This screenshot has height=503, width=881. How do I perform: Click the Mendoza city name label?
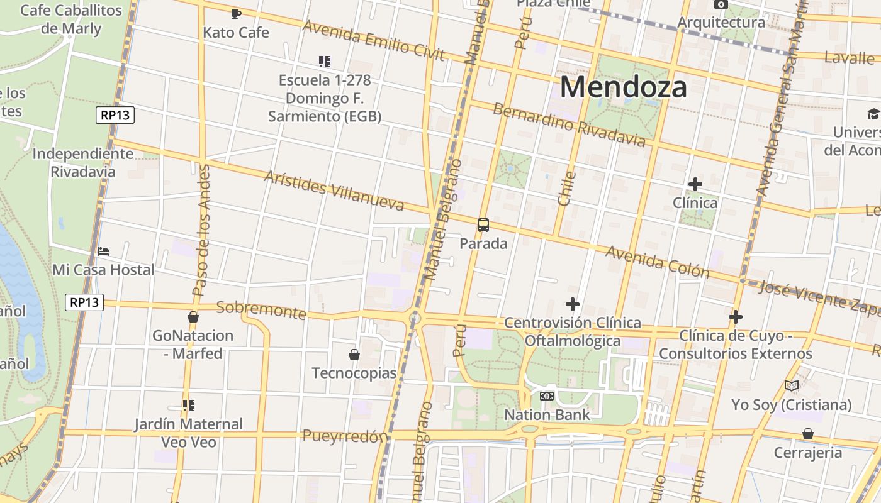(x=623, y=87)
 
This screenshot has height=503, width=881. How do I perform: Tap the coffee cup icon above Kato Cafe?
(x=236, y=14)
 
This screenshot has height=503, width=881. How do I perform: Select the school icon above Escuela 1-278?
(x=325, y=62)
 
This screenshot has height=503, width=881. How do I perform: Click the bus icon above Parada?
(x=483, y=225)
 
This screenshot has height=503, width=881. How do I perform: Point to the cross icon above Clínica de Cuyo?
(x=736, y=317)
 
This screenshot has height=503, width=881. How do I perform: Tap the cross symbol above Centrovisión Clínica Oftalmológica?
(x=573, y=305)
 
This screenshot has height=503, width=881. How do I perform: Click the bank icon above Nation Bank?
(x=547, y=396)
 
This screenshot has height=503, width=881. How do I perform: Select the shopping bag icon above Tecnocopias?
(x=354, y=355)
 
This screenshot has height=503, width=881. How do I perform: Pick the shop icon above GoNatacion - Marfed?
(x=193, y=317)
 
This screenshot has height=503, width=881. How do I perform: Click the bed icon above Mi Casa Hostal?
(x=103, y=251)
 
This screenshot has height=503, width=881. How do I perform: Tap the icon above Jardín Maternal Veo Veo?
(x=188, y=406)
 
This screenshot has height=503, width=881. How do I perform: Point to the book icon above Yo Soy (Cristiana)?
(x=792, y=385)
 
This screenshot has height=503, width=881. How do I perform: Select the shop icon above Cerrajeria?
(x=807, y=434)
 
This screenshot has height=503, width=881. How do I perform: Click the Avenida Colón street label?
(x=657, y=262)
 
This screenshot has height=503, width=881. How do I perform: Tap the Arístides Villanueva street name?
(x=334, y=191)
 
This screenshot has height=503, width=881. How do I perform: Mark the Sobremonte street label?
(x=261, y=310)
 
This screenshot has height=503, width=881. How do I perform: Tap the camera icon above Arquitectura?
(x=721, y=4)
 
